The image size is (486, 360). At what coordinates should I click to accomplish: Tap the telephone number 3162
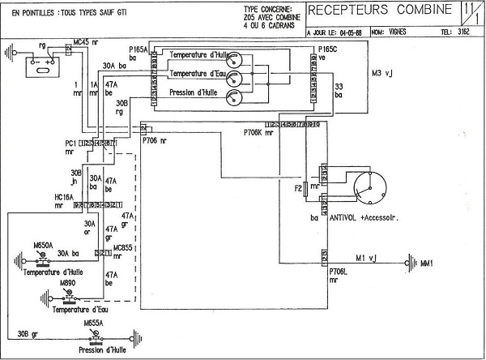click(463, 33)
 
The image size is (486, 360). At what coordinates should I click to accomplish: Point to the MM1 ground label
click(427, 264)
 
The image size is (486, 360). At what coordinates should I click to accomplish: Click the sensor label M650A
click(43, 244)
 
